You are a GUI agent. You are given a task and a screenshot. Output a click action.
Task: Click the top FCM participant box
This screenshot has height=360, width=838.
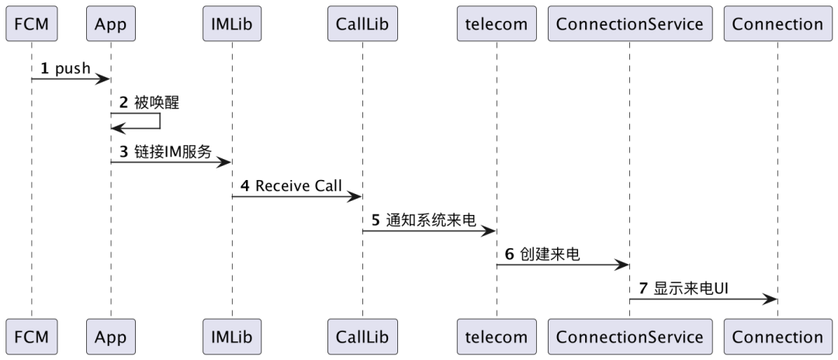pos(31,24)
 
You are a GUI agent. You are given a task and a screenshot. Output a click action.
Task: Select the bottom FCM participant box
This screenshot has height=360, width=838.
pos(31,337)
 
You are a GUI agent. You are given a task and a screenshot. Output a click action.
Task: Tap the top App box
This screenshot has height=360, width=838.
pos(110,24)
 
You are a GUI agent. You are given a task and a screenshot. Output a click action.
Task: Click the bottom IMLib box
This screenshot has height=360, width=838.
pos(231,337)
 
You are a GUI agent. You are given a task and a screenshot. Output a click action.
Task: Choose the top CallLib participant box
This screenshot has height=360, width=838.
pos(362,24)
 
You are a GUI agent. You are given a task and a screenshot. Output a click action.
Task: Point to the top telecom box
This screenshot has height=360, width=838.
pos(497,24)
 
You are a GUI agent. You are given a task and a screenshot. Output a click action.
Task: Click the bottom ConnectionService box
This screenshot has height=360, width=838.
pos(629,337)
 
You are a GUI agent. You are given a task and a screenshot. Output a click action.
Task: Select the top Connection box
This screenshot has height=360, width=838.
pos(777,24)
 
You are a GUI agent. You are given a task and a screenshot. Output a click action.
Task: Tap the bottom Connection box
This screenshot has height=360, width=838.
pos(777,337)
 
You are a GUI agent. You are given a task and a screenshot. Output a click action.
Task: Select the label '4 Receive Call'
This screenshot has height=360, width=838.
pos(289,187)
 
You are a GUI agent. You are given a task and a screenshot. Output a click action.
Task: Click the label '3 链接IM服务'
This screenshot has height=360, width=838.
pos(164,152)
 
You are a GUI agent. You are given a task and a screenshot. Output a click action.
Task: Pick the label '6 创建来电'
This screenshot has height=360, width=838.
pos(542,254)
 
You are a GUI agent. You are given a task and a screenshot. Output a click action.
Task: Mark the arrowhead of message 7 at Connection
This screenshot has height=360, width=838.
pos(771,299)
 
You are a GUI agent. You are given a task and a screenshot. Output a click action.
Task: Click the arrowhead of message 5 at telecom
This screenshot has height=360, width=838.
pos(490,230)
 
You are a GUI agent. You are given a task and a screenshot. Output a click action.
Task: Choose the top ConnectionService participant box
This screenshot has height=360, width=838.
pos(629,24)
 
